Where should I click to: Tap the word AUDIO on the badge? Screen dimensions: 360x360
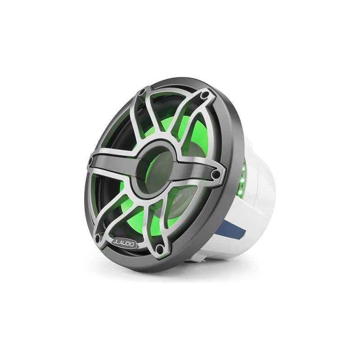[127, 243]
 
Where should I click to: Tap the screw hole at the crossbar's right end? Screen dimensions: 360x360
[216, 173]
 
